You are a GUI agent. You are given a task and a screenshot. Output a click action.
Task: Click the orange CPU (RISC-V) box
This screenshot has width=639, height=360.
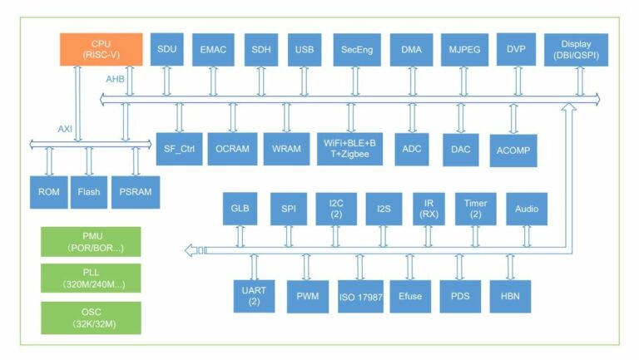[x=100, y=49]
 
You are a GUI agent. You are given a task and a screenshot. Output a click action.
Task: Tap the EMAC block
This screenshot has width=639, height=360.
[x=213, y=50]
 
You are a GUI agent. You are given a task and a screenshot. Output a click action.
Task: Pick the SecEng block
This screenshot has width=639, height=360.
[x=357, y=50]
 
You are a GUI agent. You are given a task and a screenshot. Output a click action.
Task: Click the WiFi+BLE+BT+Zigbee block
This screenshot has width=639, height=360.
[x=349, y=148]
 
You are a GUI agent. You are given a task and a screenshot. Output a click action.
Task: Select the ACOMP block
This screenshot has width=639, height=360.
[x=513, y=150]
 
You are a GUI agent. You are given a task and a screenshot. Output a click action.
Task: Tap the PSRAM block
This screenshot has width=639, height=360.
[x=135, y=192]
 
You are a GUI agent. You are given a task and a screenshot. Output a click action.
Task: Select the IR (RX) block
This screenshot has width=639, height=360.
[x=428, y=209]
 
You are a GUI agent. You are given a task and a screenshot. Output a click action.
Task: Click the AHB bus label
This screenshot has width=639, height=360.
[x=115, y=79]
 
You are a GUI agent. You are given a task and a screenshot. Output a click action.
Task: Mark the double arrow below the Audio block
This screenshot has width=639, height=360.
[x=526, y=236]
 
